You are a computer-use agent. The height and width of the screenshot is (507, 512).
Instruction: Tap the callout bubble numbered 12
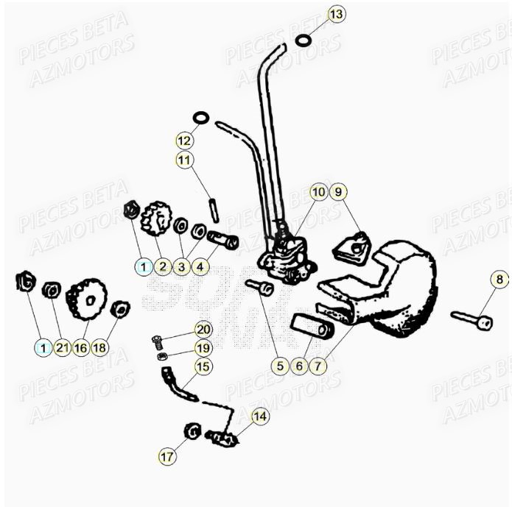pyautogui.click(x=183, y=140)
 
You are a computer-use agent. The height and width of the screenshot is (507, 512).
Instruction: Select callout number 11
pyautogui.click(x=183, y=159)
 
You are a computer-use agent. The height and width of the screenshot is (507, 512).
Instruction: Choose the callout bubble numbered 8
pyautogui.click(x=499, y=280)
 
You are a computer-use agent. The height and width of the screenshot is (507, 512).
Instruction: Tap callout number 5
pyautogui.click(x=279, y=365)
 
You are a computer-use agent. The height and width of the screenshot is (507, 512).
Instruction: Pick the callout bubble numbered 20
pyautogui.click(x=203, y=329)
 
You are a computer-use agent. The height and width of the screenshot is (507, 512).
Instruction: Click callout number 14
pyautogui.click(x=260, y=416)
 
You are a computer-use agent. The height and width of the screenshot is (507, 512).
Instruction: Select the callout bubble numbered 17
pyautogui.click(x=167, y=456)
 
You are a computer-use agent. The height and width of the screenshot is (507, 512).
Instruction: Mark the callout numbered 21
pyautogui.click(x=62, y=347)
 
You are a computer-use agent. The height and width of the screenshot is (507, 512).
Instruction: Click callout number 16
pyautogui.click(x=80, y=347)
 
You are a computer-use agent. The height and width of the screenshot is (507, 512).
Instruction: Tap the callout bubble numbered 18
pyautogui.click(x=100, y=347)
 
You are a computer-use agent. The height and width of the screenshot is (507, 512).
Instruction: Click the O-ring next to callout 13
pyautogui.click(x=302, y=40)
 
